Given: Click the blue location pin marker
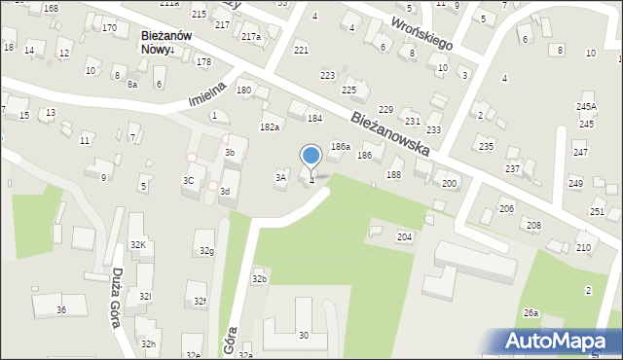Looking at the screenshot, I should (x=311, y=157).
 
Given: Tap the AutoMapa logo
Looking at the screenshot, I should (x=558, y=341).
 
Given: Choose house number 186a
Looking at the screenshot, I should (x=339, y=146).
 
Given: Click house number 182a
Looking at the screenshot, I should (x=270, y=127).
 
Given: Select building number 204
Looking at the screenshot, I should (x=403, y=237).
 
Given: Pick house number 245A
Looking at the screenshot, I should (x=585, y=107).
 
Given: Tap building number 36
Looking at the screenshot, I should (x=60, y=309).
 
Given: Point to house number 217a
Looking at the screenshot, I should (x=251, y=37).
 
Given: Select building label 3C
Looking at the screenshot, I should (x=189, y=181).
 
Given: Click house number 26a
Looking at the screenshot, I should (x=531, y=312).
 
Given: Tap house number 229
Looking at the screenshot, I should (x=385, y=110).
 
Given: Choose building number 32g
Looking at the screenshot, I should (x=206, y=251).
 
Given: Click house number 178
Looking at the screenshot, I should (x=203, y=62).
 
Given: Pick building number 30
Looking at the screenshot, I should (x=304, y=336).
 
